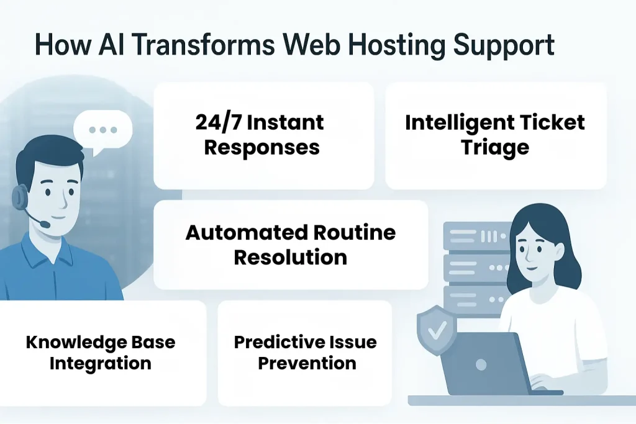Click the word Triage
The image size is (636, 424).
coord(495,147)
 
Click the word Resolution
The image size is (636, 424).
coord(290,257)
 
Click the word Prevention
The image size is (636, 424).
coord(307,363)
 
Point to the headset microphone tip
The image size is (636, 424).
coord(43,223)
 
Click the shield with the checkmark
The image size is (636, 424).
coord(437,328)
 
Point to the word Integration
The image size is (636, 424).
coord(100,363)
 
